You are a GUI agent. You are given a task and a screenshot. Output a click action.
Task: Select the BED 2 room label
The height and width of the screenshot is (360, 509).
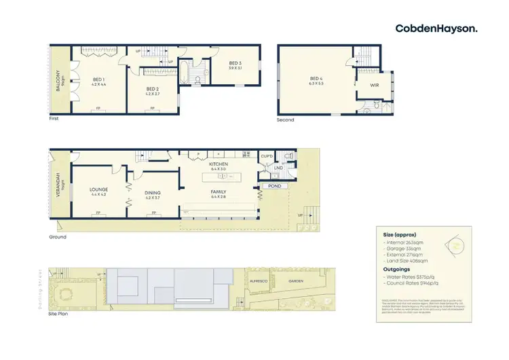tap(152, 88)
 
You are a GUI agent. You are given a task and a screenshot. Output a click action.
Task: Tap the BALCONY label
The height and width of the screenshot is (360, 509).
tap(59, 80)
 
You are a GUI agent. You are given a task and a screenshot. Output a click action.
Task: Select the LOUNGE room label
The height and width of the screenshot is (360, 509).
tap(99, 190)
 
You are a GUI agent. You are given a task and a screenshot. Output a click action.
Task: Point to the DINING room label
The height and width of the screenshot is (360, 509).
tap(153, 193)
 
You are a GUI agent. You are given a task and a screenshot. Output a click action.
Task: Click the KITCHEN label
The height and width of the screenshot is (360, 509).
tap(219, 164)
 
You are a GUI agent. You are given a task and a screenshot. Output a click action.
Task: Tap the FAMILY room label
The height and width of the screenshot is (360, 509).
tap(219, 192)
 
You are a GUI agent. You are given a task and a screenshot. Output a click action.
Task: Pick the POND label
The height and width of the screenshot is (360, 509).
tap(274, 185)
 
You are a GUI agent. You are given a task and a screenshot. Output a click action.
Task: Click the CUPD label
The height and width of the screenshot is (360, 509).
tap(267, 156)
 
